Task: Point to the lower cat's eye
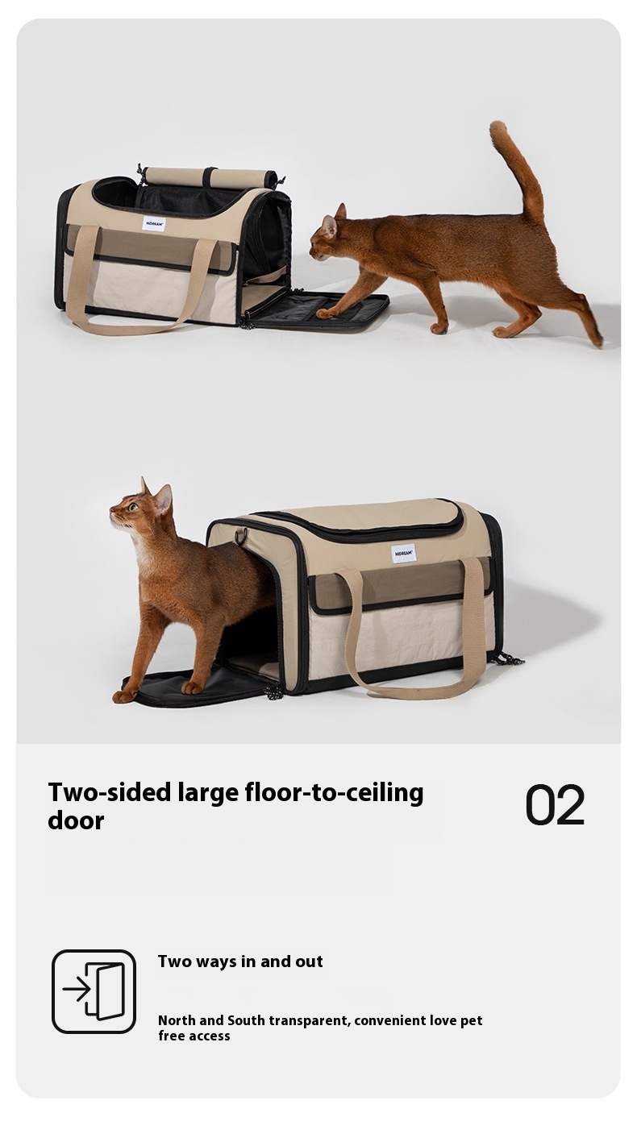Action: [134, 507]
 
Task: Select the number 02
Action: [555, 805]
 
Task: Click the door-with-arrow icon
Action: [94, 991]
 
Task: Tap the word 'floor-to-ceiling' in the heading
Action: [334, 793]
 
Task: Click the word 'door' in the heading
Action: [76, 820]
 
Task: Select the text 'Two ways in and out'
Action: [240, 961]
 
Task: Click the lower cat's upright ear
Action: [163, 498]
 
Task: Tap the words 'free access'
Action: [194, 1036]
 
